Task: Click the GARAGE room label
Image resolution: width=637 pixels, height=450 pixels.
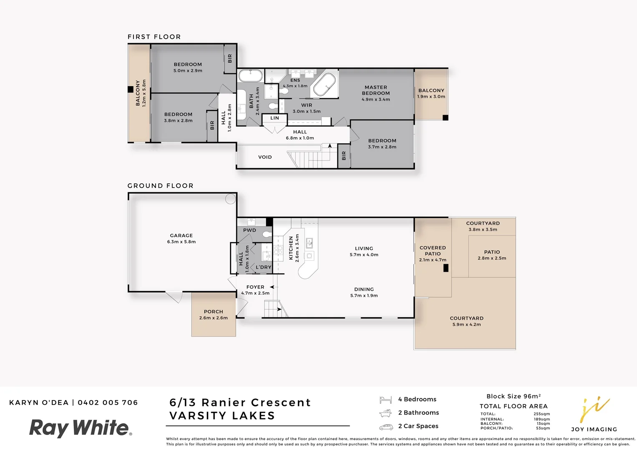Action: pos(181,235)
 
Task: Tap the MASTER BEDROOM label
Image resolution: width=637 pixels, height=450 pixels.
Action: pos(375,90)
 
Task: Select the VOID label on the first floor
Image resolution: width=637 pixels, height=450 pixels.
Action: pos(265,157)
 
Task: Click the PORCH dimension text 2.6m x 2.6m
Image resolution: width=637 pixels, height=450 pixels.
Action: pos(213,318)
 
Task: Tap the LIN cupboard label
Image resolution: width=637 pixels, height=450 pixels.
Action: pos(274,118)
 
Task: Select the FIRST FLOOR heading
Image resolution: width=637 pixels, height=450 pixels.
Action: pos(154,37)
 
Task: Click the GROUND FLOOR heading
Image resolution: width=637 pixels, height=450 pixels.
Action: pos(160,186)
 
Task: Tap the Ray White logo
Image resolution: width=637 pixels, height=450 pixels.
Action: pos(80,428)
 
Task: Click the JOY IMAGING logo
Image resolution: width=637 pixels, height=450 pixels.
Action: pos(594,415)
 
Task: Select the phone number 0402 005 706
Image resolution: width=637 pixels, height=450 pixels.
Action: pos(108,402)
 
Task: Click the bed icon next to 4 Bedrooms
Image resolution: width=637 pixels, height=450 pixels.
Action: pos(385,400)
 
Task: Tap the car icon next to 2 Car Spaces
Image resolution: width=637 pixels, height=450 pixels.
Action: pos(385,427)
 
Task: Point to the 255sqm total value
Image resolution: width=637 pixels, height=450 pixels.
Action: pos(541,414)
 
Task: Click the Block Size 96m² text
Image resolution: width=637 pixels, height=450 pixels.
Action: pos(513,396)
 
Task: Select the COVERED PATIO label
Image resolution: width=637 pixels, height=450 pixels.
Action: pos(433,250)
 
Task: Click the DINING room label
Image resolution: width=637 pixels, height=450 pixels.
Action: pos(364,289)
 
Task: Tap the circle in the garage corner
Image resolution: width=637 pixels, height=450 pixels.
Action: pos(230,199)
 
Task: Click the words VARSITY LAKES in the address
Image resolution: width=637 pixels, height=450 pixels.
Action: pos(222,416)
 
